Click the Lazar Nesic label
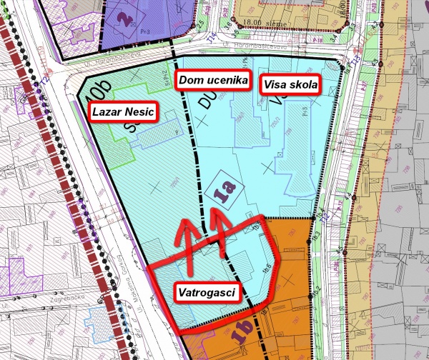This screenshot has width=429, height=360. coord(124,111)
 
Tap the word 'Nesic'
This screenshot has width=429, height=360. coord(139,111)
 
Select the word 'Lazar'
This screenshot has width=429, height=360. coord(107,111)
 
